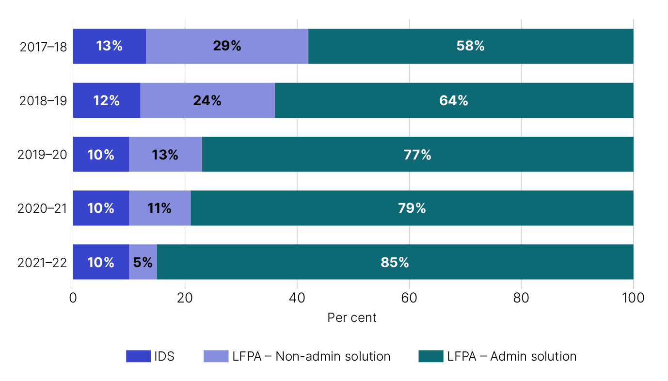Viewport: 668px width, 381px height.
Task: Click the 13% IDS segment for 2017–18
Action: point(109,46)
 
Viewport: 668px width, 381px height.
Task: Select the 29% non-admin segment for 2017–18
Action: point(227,46)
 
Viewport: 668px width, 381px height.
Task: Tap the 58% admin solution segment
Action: point(470,46)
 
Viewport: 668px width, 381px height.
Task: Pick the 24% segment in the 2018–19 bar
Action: point(207,100)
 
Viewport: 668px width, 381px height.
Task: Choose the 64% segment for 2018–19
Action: point(454,100)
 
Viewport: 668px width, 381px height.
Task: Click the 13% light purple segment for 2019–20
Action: point(165,154)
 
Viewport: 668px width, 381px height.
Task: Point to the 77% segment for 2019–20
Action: point(417,154)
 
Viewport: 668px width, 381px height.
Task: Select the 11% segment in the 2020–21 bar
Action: point(160,208)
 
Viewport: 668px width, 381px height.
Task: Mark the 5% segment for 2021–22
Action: point(143,262)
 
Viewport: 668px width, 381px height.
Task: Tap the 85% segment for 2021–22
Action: point(395,262)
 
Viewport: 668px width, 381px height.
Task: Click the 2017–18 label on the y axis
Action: point(43,47)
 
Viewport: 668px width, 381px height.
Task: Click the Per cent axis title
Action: point(352,318)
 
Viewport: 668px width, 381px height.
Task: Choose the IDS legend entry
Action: point(150,356)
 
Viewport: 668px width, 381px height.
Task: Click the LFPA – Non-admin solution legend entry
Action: point(297,356)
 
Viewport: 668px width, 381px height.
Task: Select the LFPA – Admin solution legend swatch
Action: point(430,356)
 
